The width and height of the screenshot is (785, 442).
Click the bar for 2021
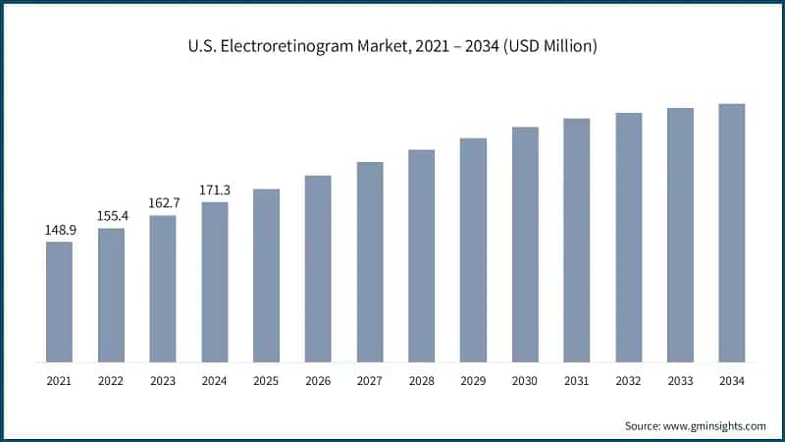coord(59,302)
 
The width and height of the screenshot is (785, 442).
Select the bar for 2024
coord(215,282)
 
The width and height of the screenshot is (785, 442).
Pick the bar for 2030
coord(525,245)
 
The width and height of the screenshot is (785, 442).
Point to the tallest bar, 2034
coord(732,233)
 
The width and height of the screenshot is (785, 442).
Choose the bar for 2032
coord(629,237)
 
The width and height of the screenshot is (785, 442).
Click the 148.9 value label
coord(59,230)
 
